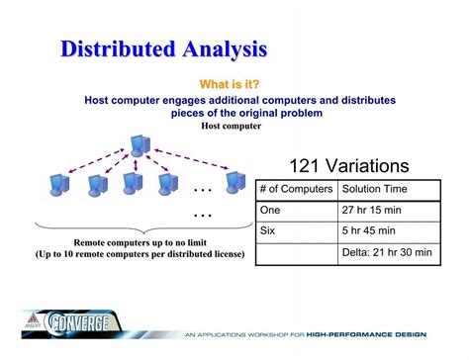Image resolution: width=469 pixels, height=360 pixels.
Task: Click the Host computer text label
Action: [232, 126]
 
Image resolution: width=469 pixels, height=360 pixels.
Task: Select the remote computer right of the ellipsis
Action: [234, 182]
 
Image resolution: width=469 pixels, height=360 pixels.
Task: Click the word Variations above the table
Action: [375, 165]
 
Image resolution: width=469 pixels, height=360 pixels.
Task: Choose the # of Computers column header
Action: [296, 190]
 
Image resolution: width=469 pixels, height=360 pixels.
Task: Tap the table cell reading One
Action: [270, 210]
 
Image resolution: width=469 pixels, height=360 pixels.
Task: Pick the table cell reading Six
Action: [268, 230]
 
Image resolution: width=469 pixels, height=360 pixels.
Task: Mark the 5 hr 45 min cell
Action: [372, 230]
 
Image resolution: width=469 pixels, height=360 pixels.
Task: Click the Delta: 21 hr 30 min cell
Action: [387, 252]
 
